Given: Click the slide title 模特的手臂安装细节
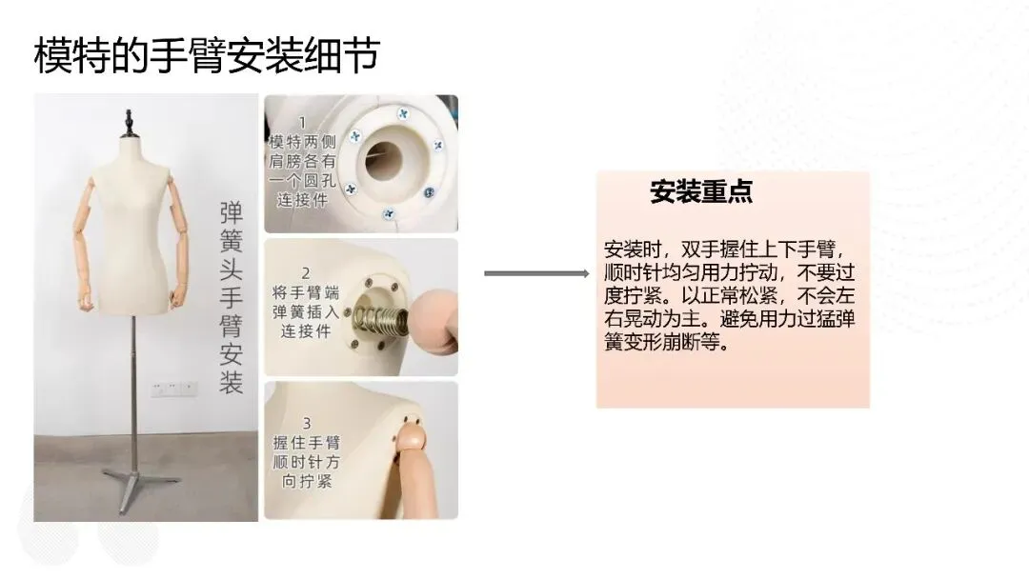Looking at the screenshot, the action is tap(207, 54).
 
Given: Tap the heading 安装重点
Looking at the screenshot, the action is tap(701, 191).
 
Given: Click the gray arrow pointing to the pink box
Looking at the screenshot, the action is tap(536, 273).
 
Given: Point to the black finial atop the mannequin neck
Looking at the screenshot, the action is tap(129, 124).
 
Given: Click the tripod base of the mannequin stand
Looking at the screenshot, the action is tap(139, 486).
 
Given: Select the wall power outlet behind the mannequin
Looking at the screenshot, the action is tap(173, 389).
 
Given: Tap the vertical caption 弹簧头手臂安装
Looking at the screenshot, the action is tap(231, 298).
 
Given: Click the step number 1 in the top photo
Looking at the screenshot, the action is tap(303, 123).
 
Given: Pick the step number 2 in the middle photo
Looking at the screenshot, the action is tap(306, 272).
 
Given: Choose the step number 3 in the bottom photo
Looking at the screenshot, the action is tap(307, 423).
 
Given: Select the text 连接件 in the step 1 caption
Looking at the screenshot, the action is tap(303, 200).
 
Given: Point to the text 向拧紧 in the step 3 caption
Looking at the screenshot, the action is tap(307, 481).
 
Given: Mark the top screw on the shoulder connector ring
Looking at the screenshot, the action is tap(403, 114).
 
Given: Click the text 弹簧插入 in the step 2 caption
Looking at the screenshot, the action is tap(306, 312).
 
